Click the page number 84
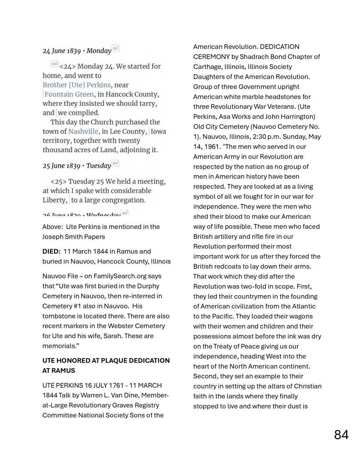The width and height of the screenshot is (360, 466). click(341, 435)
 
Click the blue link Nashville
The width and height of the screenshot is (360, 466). click(81, 131)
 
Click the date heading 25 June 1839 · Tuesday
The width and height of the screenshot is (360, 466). click(77, 165)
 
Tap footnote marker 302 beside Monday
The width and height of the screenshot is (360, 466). click(116, 48)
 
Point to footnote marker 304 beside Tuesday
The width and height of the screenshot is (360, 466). click(115, 163)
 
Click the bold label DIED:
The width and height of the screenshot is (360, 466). click(51, 251)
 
